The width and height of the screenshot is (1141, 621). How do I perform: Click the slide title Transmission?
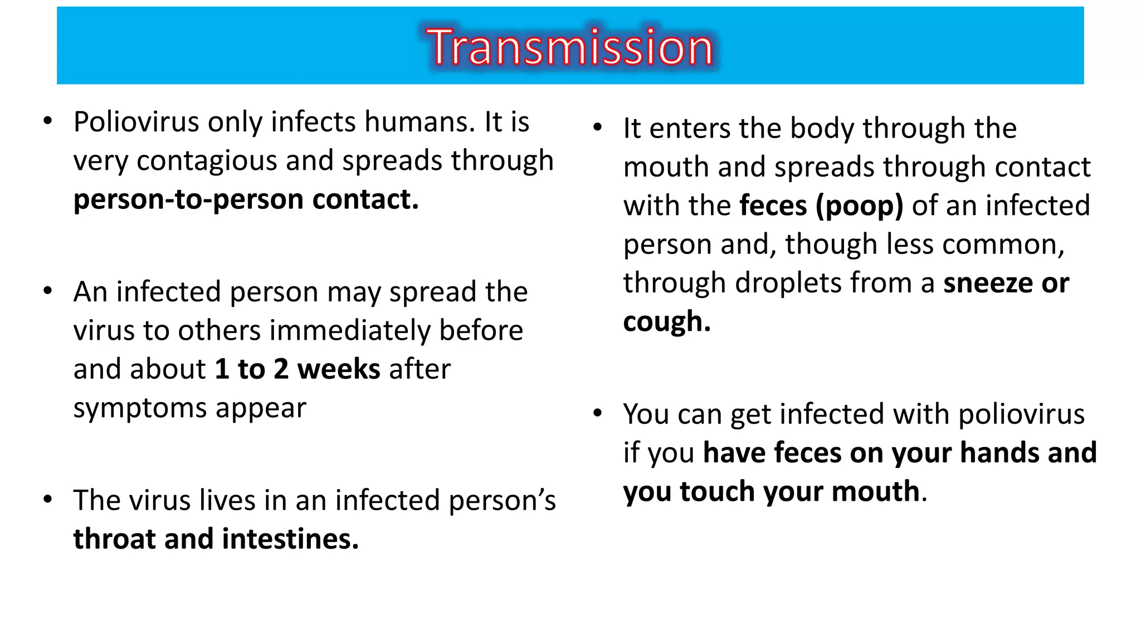tap(569, 47)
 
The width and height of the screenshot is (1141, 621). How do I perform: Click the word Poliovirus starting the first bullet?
tap(136, 122)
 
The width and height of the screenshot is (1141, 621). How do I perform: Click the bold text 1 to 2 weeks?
tap(297, 369)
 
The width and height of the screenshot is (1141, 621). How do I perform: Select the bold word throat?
tap(114, 539)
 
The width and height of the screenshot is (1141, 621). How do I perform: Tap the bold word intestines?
tap(290, 539)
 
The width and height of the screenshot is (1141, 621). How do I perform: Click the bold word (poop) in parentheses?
tap(859, 206)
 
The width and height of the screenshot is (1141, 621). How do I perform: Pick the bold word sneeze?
tap(987, 283)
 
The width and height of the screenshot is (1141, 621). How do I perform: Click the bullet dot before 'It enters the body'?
tap(598, 128)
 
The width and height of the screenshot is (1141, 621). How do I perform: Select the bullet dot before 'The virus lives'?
tap(48, 500)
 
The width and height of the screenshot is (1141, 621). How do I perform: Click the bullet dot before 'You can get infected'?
tap(598, 413)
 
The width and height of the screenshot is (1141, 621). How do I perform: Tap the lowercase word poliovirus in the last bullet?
tap(1021, 414)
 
